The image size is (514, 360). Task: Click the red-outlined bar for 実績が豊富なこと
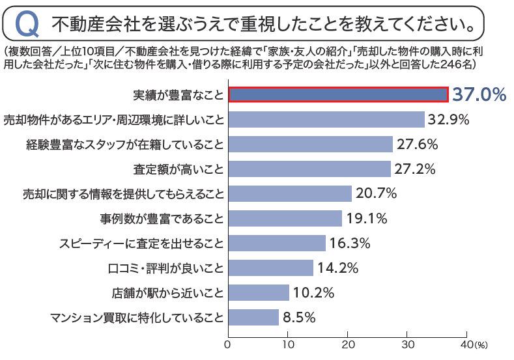click(x=338, y=94)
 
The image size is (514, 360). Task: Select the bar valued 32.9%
click(x=326, y=119)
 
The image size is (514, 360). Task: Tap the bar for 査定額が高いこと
click(x=309, y=169)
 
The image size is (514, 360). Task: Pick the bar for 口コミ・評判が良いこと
click(x=270, y=268)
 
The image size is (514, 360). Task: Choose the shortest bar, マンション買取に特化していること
click(x=253, y=317)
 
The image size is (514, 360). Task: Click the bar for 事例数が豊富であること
click(x=285, y=218)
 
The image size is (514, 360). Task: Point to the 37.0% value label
click(x=479, y=94)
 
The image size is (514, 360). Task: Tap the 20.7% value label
click(x=376, y=193)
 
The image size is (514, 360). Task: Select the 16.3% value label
click(x=350, y=243)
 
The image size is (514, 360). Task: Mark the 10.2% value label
click(x=313, y=292)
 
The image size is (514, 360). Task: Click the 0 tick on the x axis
click(x=229, y=343)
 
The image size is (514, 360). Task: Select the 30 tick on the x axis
click(x=408, y=343)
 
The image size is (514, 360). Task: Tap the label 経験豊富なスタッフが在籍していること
click(x=126, y=144)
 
